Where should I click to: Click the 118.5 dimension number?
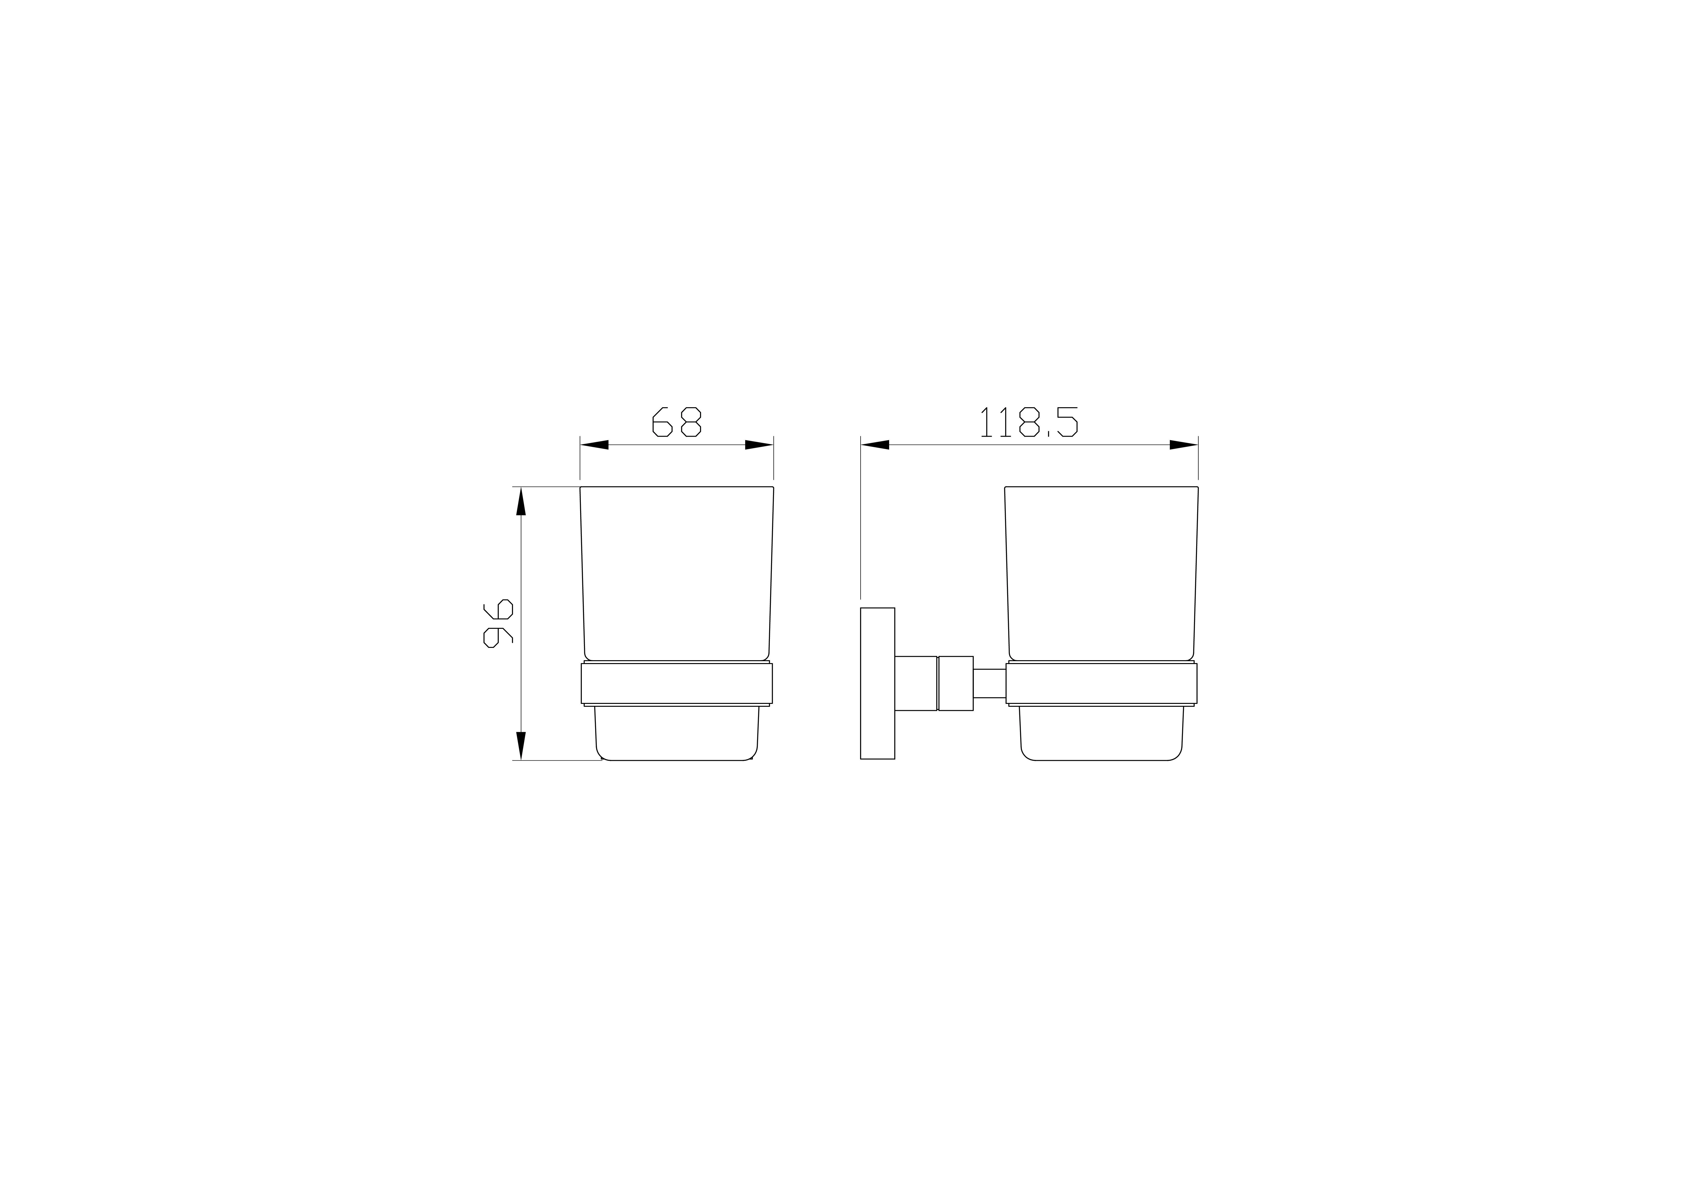point(1028,422)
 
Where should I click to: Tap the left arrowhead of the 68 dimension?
point(595,445)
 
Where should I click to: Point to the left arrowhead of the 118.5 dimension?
point(875,445)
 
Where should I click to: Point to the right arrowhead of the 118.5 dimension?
point(1183,445)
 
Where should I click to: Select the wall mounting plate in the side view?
point(877,683)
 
